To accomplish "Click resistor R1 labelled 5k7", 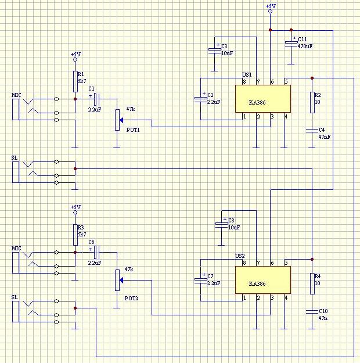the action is click(x=75, y=81).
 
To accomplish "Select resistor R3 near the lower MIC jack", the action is click(x=75, y=235).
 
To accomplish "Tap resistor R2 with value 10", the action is click(x=312, y=103).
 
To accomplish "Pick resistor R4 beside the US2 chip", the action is click(x=312, y=283).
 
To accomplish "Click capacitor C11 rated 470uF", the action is click(x=291, y=44).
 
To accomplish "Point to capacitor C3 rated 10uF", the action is click(x=214, y=51).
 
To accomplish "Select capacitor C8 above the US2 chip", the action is click(x=221, y=225).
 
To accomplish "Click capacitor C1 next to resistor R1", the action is click(x=96, y=99).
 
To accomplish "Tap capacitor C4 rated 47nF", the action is click(x=312, y=131).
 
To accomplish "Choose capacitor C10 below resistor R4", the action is click(x=312, y=312).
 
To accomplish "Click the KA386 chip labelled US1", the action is click(x=263, y=99).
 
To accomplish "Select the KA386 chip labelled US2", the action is click(x=263, y=280).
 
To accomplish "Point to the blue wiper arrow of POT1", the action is click(x=121, y=120).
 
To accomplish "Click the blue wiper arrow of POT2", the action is click(x=121, y=281).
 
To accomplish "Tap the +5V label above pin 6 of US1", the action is click(x=271, y=6).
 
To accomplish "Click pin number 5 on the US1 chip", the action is click(x=286, y=81).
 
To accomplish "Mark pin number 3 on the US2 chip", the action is click(x=272, y=298).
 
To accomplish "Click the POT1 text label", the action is click(x=133, y=130).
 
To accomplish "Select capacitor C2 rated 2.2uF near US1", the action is click(x=201, y=99).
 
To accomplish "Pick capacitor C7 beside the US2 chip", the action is click(x=201, y=281).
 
